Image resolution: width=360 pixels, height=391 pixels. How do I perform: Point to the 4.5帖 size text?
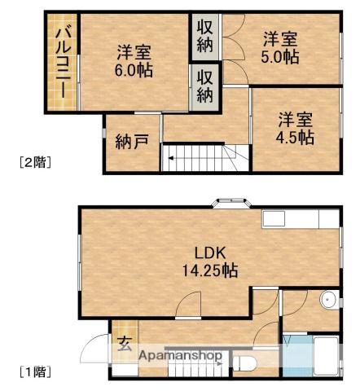click(294, 137)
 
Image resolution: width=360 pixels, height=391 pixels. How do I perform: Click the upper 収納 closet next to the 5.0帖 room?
click(204, 36)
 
